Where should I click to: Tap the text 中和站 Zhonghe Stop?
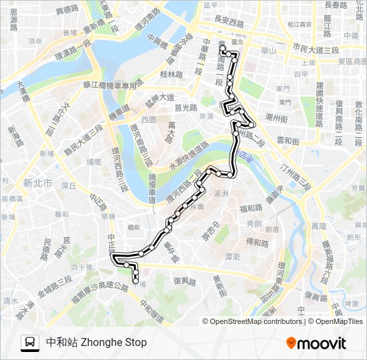96,343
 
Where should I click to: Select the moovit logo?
316,343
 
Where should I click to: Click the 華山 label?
269,49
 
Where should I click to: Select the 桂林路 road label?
171,75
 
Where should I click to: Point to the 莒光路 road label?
186,107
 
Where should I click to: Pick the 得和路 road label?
258,241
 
